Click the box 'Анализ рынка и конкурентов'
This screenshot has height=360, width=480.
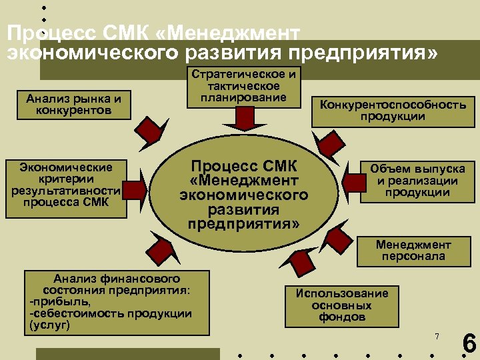pos(74,105)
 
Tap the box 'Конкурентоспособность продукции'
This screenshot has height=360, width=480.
pos(393,111)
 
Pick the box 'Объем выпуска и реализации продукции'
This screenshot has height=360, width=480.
pos(418,181)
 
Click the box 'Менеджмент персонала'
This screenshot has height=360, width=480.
pos(413,251)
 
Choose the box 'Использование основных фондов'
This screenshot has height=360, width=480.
pos(342,305)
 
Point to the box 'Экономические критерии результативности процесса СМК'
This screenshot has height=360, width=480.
pos(67,189)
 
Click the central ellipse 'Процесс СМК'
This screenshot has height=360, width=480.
pos(243,194)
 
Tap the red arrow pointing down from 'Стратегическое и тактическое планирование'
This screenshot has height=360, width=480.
pos(243,119)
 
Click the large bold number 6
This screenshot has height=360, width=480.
pos(469,344)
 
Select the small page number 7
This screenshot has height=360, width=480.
pos(437,336)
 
